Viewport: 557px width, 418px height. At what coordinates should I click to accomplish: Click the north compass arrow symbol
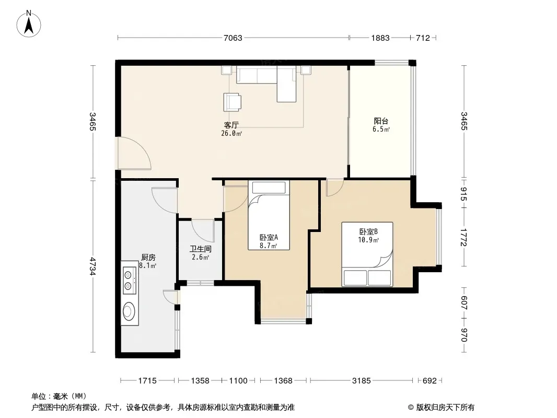coord(29,24)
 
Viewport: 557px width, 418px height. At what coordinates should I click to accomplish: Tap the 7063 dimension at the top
coord(233,38)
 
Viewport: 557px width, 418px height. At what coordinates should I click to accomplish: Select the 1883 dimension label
coord(380,38)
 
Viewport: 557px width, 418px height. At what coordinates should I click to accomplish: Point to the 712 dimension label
coord(423,38)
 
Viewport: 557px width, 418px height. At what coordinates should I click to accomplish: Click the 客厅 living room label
coord(231,125)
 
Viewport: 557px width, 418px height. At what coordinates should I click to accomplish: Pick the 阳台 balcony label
coord(381,121)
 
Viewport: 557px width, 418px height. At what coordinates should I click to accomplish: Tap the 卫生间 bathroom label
coord(200,249)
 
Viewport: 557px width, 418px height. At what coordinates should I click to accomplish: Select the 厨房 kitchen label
coord(148,258)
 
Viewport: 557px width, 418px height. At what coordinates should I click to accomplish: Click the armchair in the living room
coord(232,102)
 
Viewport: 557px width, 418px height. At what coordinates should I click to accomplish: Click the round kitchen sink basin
coord(129,311)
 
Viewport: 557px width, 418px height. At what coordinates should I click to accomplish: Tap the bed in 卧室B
coord(367,254)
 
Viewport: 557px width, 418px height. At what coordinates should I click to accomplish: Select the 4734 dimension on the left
coord(92,266)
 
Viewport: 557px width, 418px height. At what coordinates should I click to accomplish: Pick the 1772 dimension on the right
coord(463,237)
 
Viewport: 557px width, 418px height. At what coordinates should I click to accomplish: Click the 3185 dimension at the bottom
coord(361,381)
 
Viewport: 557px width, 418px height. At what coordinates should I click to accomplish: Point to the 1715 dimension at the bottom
coord(147,381)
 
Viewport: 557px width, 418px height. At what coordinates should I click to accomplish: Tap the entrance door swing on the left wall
coord(134,153)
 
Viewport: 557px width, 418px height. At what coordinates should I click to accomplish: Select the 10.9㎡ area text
coord(368,240)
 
